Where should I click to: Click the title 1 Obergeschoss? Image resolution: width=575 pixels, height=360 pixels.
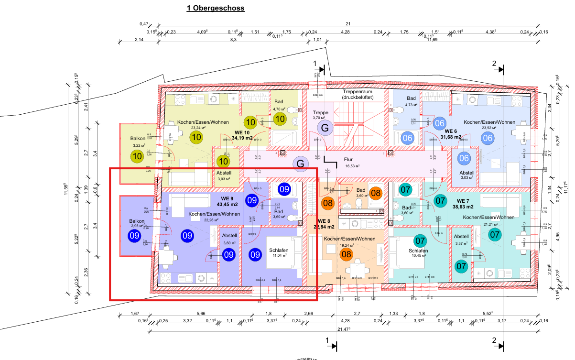coord(216,8)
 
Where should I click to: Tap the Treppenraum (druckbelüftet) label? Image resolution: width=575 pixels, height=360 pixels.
coord(364,94)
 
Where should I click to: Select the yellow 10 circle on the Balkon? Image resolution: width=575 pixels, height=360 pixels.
coord(137,155)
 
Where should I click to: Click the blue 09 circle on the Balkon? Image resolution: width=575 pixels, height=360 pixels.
coord(134,235)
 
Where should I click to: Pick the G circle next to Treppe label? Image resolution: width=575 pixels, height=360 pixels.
coord(325,128)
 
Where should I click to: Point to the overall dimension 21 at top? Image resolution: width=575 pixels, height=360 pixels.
coord(348,24)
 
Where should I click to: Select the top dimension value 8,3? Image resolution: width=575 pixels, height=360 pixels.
coord(233,40)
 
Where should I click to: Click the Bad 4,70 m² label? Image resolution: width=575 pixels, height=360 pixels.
coord(279,105)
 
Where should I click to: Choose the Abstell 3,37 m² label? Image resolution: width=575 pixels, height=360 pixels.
coord(461,240)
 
